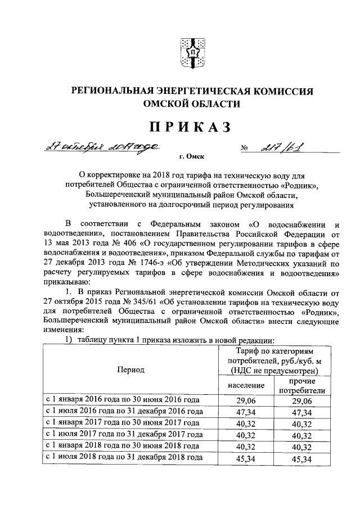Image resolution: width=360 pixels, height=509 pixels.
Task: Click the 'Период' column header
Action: coord(130,370)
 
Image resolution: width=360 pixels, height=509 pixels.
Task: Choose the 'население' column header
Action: coord(246,386)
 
